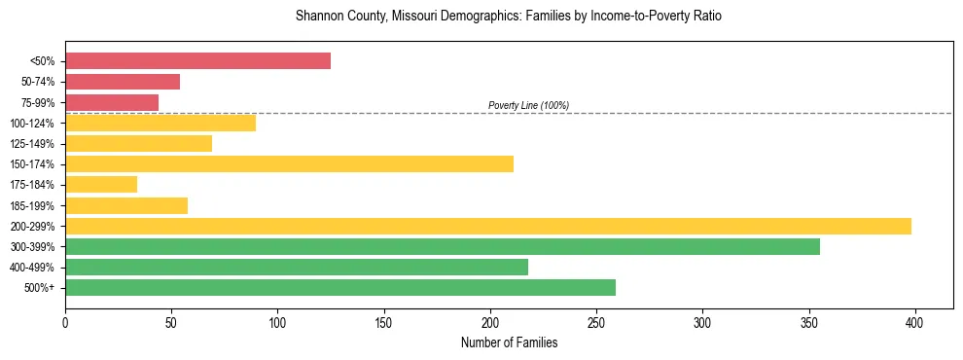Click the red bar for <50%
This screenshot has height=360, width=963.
[197, 61]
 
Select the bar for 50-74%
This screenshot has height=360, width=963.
[123, 82]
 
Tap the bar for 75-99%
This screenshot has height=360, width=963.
[112, 102]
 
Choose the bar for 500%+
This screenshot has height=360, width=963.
[340, 287]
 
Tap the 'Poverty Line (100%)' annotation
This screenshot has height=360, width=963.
[528, 105]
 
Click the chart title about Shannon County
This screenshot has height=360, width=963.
[508, 17]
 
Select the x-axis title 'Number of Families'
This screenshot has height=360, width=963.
[509, 342]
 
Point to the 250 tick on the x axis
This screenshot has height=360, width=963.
[596, 321]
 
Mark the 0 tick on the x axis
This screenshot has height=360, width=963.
[65, 321]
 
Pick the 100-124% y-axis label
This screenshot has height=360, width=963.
[32, 124]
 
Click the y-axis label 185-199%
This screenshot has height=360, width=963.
[32, 205]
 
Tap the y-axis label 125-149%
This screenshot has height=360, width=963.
[32, 144]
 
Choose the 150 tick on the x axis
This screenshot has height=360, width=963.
[384, 321]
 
